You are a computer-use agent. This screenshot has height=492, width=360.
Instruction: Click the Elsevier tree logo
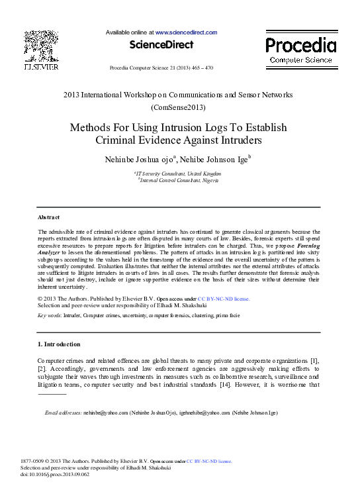[41, 46]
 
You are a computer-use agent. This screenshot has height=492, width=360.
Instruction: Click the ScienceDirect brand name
[161, 45]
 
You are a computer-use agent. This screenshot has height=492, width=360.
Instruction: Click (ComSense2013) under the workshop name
[179, 107]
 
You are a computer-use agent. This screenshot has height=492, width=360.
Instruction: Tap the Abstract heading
[48, 217]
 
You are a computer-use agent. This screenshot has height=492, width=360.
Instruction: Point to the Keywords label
[50, 316]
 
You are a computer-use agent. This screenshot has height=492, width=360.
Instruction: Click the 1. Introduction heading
[59, 344]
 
